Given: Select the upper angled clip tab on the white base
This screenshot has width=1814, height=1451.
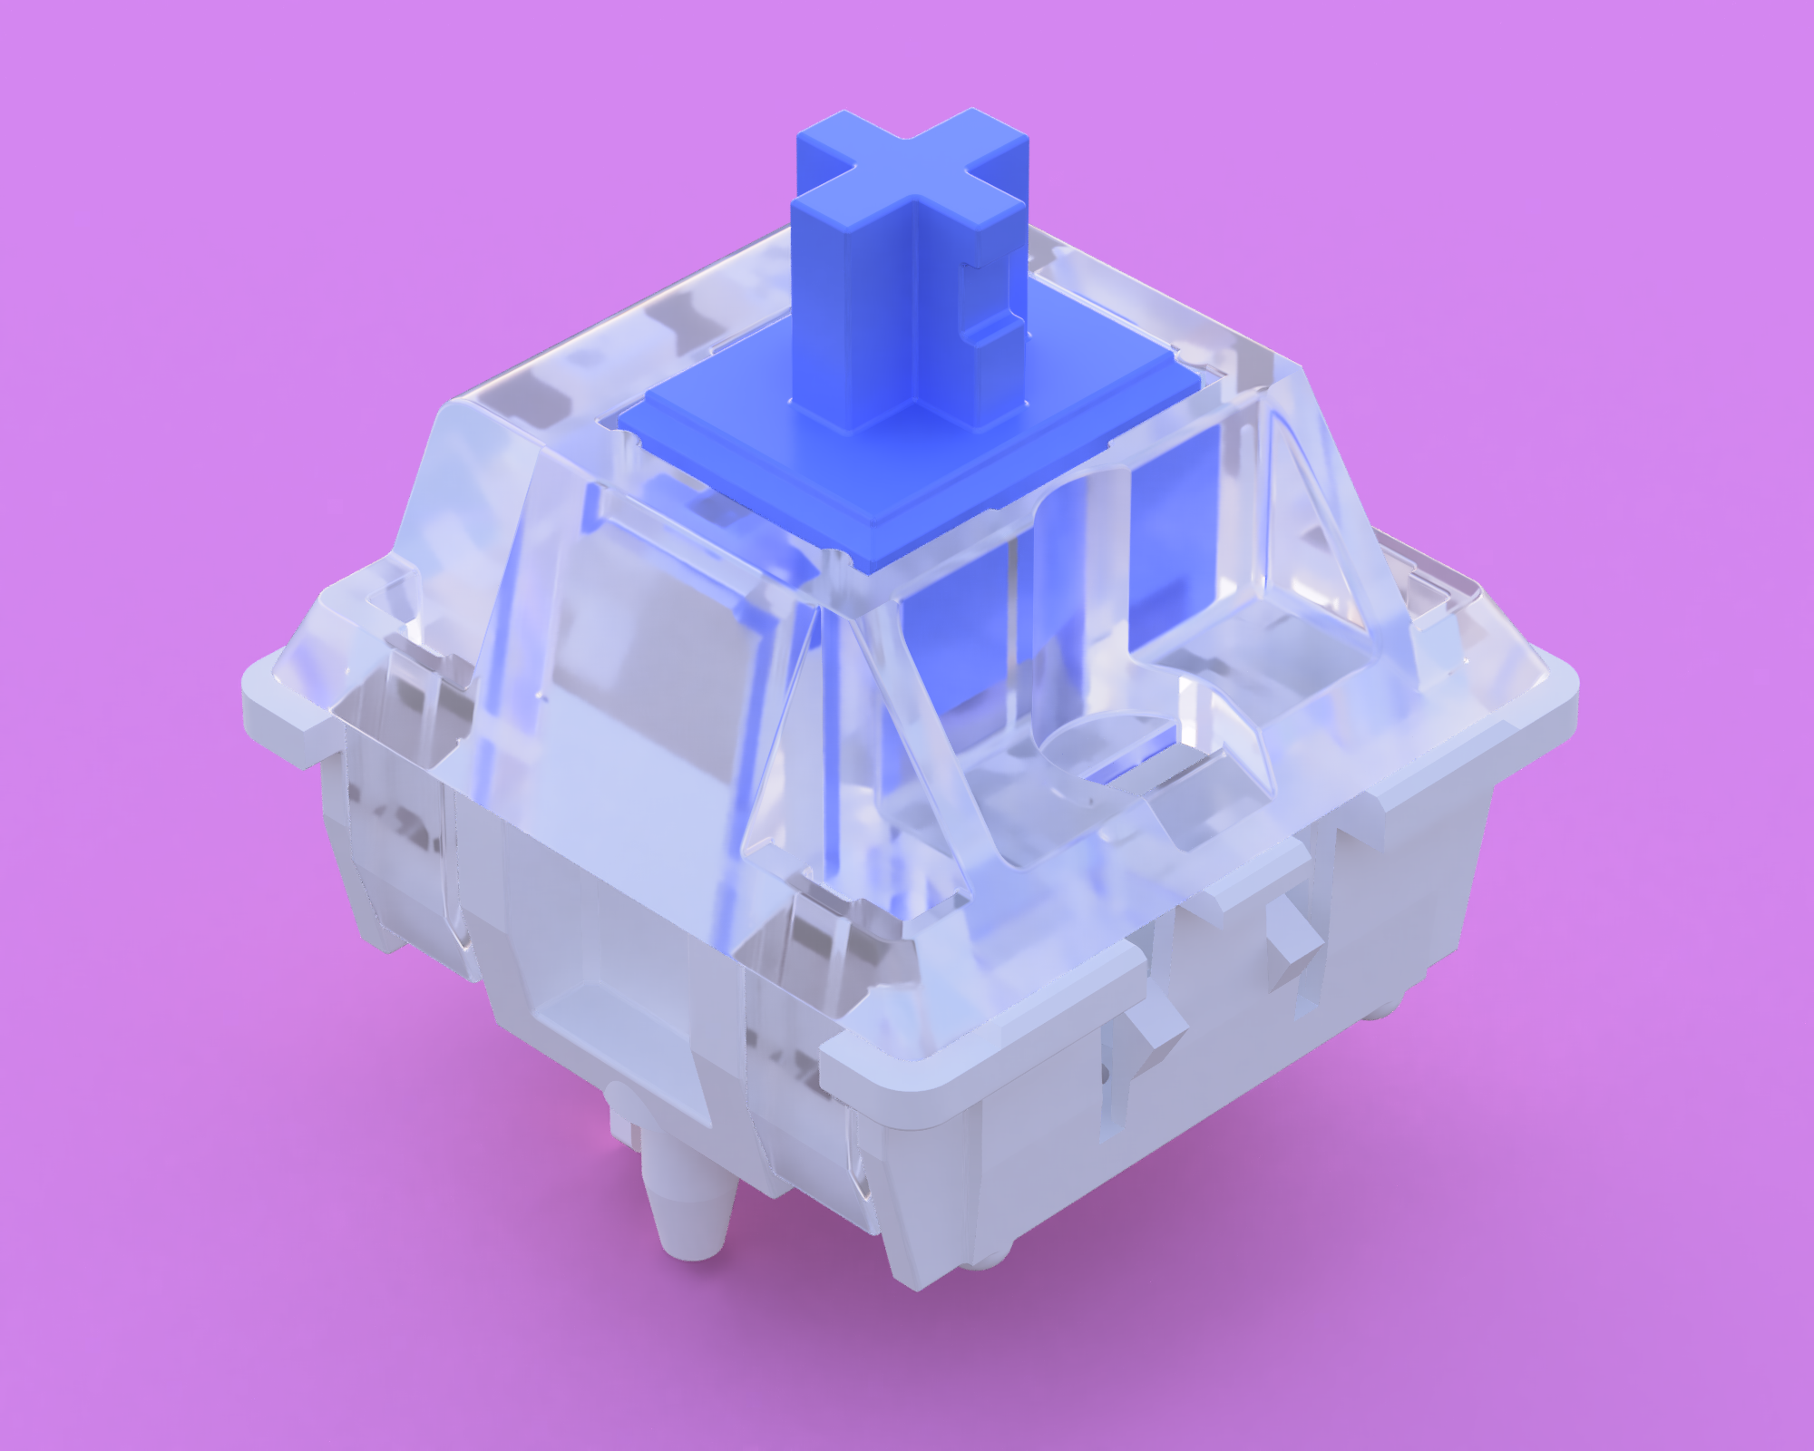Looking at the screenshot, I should coord(1288,943).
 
